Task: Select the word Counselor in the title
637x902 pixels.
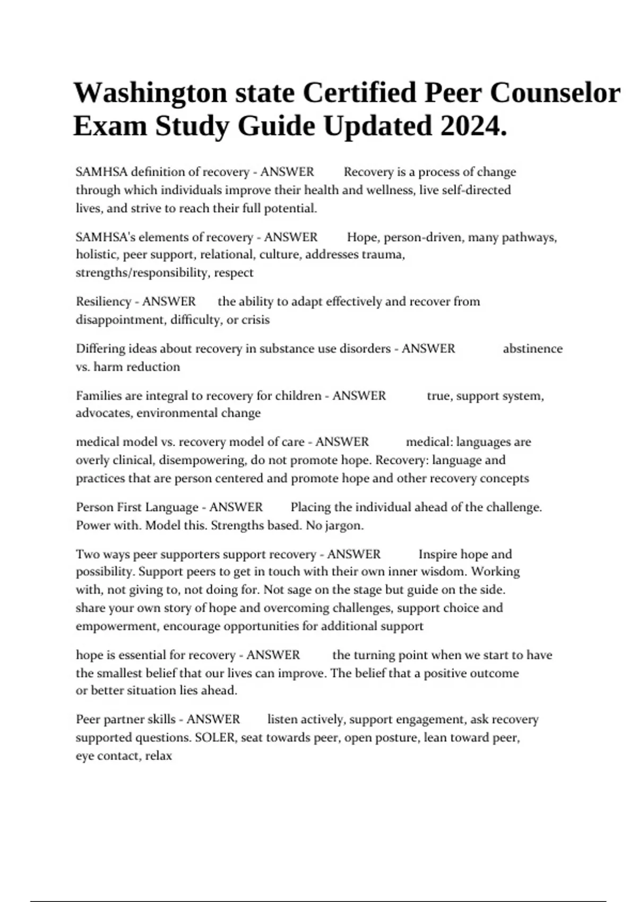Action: (x=555, y=93)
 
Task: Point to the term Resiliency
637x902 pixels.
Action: (x=103, y=301)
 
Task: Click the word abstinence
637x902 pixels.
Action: (x=532, y=349)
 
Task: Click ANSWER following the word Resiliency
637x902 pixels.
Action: (x=169, y=301)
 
